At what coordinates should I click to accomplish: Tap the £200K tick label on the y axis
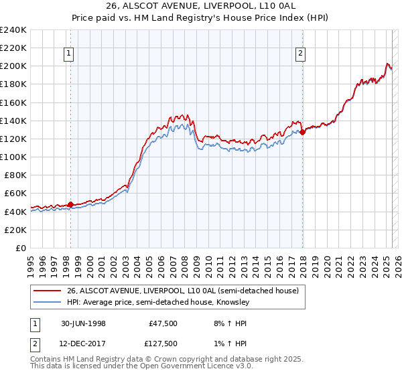pos(13,66)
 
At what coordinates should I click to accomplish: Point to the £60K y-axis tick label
pos(15,194)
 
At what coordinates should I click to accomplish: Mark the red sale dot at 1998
pos(71,204)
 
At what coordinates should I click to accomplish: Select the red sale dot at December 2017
pos(302,132)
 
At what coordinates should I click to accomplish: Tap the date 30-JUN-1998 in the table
pos(82,323)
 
